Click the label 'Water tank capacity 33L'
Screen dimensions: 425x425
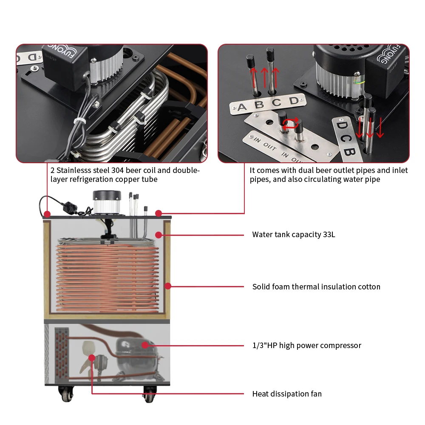click(293, 235)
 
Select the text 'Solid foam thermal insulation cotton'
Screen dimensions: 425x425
click(316, 287)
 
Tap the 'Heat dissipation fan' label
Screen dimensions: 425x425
click(287, 394)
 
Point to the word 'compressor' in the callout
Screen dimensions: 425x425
click(342, 346)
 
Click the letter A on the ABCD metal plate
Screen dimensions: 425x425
click(242, 107)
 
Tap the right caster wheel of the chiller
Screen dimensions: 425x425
click(149, 394)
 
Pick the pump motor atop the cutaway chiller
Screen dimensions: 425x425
click(107, 202)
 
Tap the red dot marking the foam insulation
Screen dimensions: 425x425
click(167, 286)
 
